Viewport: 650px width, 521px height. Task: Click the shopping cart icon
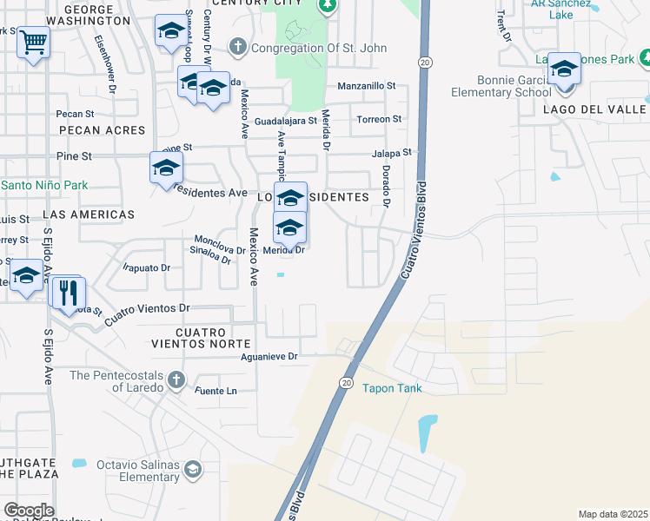coord(33,42)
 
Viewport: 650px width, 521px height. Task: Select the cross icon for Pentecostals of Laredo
coord(176,379)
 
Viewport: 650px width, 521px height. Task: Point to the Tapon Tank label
coord(392,388)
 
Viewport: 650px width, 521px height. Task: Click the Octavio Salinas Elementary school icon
coord(193,470)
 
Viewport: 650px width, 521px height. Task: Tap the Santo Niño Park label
coord(44,185)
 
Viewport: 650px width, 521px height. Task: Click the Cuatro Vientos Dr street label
coord(147,313)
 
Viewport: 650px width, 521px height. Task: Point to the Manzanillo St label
coord(366,86)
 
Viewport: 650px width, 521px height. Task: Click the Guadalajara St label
coord(286,121)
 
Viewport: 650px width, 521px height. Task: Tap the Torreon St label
coord(380,119)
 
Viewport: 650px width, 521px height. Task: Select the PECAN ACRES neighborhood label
coord(103,130)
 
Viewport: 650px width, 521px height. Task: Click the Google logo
coord(29,511)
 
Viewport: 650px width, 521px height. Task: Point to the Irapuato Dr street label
coord(147,268)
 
